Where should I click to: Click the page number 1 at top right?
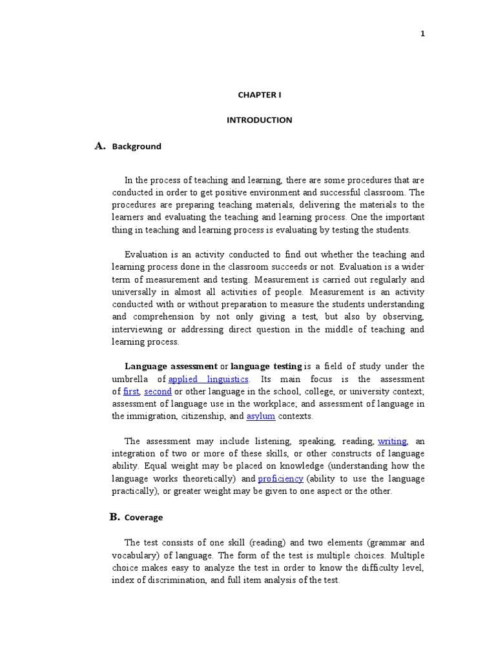point(422,34)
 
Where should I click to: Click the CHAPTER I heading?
point(259,94)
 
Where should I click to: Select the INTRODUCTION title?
point(259,120)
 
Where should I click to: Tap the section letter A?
point(99,146)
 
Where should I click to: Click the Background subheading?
point(136,147)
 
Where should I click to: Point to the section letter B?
point(114,516)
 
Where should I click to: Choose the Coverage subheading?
point(143,518)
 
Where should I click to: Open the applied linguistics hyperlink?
point(208,379)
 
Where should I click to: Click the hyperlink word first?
point(131,392)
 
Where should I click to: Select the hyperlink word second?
point(158,392)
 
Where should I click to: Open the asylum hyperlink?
point(262,416)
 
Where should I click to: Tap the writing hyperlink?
point(392,442)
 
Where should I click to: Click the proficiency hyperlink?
point(280,479)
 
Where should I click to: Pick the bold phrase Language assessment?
point(170,367)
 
